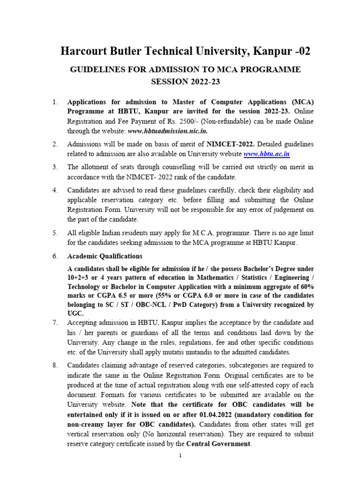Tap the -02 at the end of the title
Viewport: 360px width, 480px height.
[300, 51]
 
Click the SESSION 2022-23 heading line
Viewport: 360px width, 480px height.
[185, 82]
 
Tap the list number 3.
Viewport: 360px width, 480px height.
[55, 167]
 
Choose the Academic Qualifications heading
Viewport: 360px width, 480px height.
[105, 256]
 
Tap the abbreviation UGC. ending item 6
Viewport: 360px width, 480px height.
[76, 314]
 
